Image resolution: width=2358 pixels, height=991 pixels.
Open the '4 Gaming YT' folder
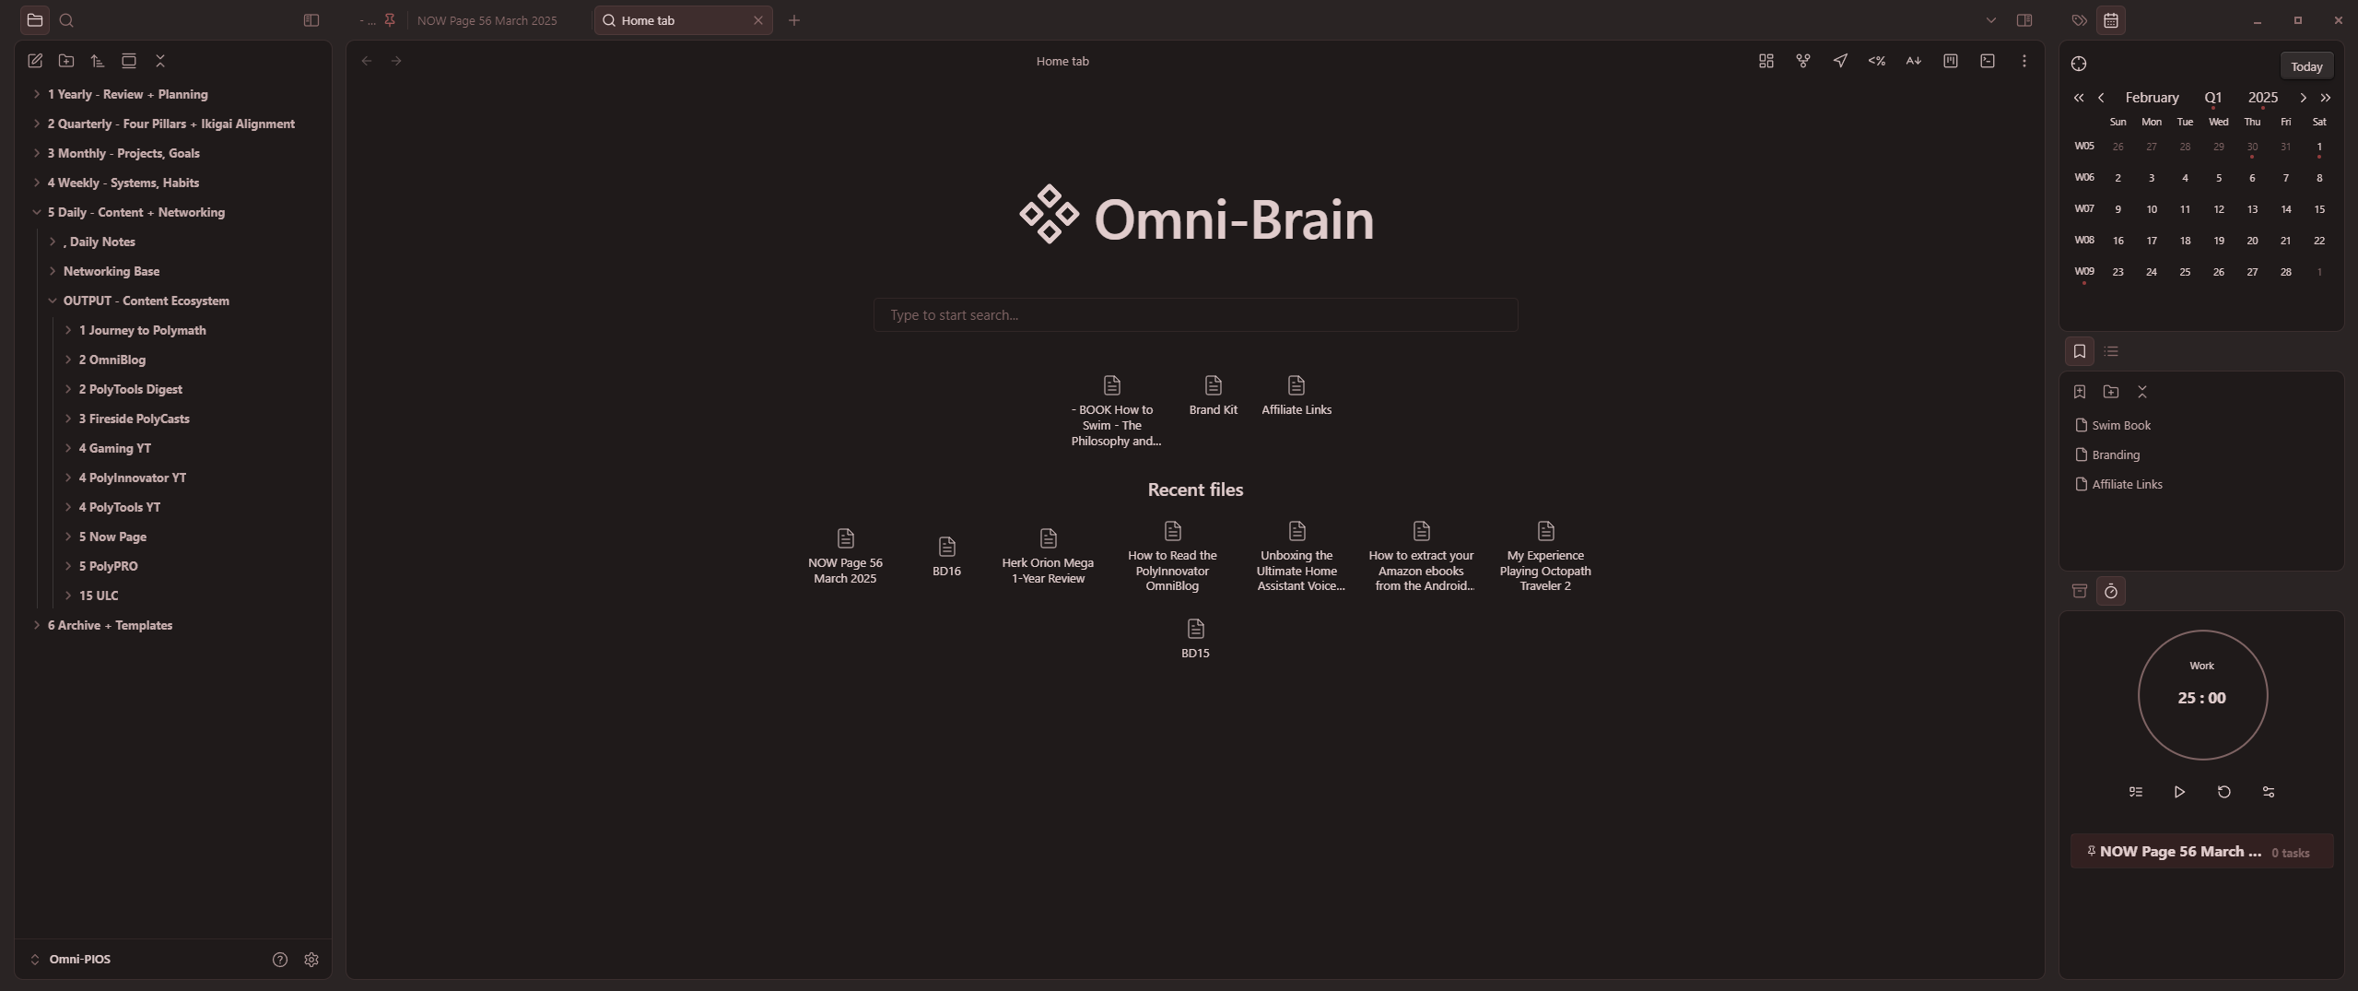tap(114, 448)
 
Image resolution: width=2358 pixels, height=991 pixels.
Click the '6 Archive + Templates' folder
tap(110, 625)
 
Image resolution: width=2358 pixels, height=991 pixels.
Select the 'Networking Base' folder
tap(111, 271)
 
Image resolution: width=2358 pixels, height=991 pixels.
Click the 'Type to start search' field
tap(1194, 315)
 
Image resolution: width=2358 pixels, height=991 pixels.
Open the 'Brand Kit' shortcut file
tap(1213, 395)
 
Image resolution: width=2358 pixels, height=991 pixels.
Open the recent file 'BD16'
tap(946, 556)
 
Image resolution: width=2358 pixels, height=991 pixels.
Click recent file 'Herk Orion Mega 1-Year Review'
tap(1048, 556)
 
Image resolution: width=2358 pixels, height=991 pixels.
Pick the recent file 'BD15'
tap(1195, 638)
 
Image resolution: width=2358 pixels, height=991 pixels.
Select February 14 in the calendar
tap(2285, 209)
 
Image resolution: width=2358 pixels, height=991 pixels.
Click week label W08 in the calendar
tap(2083, 241)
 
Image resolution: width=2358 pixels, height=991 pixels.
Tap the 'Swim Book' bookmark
tap(2120, 425)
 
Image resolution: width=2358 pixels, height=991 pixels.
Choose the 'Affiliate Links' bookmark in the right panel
tap(2126, 484)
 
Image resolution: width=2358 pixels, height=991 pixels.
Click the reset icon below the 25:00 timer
tap(2223, 792)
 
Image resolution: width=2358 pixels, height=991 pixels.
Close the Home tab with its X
tap(758, 20)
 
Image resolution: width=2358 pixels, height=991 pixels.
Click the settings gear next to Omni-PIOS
tap(311, 960)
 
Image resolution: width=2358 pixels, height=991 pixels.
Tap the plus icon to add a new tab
tap(794, 20)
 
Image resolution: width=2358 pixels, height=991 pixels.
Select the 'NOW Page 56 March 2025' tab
tap(487, 20)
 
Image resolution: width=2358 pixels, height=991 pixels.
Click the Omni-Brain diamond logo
tap(1049, 215)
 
